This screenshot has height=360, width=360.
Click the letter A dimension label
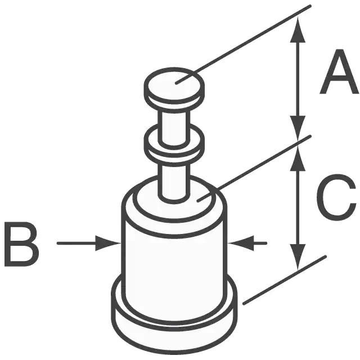click(339, 71)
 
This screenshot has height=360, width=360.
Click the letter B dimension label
click(22, 244)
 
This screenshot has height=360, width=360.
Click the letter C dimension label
click(336, 197)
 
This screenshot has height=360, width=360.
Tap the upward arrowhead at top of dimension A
click(298, 29)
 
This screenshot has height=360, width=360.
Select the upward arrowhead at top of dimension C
click(298, 158)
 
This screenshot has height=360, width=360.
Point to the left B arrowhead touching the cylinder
click(108, 243)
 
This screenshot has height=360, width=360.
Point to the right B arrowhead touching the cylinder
click(241, 243)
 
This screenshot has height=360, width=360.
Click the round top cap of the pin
click(174, 88)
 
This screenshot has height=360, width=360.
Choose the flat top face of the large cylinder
click(174, 202)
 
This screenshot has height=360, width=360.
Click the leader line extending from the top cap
click(244, 44)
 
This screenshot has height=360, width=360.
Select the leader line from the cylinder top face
click(254, 169)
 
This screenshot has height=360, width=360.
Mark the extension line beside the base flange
click(285, 280)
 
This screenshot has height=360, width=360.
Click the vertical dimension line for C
click(298, 208)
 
